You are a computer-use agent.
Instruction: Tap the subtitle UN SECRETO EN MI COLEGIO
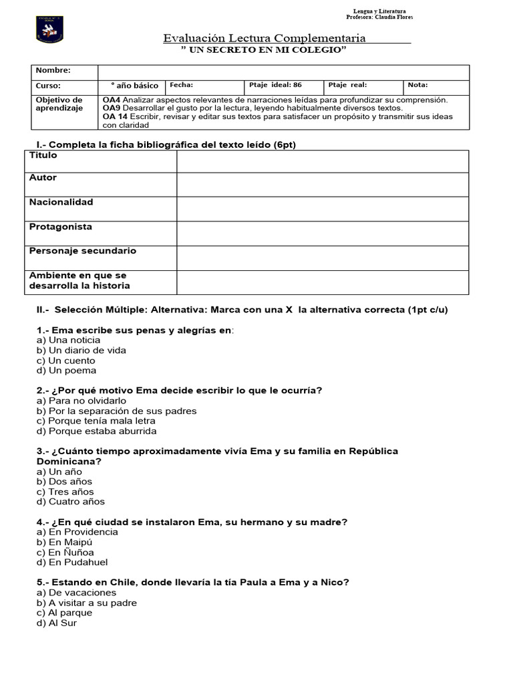265,50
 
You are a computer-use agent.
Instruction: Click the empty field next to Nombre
283,72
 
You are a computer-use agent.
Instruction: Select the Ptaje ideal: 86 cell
284,86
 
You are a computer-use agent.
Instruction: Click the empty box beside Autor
322,185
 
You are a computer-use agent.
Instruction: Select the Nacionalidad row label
61,202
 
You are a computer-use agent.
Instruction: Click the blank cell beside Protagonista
322,233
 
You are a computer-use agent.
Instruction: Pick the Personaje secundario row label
83,251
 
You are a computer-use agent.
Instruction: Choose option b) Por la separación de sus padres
117,411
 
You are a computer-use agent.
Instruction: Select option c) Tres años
65,492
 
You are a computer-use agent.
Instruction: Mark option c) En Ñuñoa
65,553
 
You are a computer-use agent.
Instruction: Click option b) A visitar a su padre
87,603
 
